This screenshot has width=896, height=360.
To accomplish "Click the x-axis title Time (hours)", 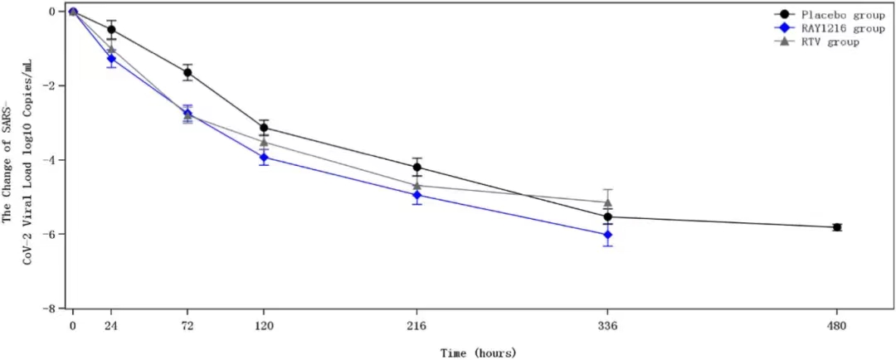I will (478, 352).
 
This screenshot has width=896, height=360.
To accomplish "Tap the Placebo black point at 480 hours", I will (837, 227).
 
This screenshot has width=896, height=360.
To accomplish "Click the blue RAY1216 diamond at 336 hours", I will (608, 235).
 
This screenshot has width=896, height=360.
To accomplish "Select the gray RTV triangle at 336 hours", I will (608, 202).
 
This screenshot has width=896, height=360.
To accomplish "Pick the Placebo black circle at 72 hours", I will (187, 72).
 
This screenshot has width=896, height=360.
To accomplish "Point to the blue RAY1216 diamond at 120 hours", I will (264, 157).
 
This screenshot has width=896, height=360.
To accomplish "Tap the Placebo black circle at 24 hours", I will (111, 30).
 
